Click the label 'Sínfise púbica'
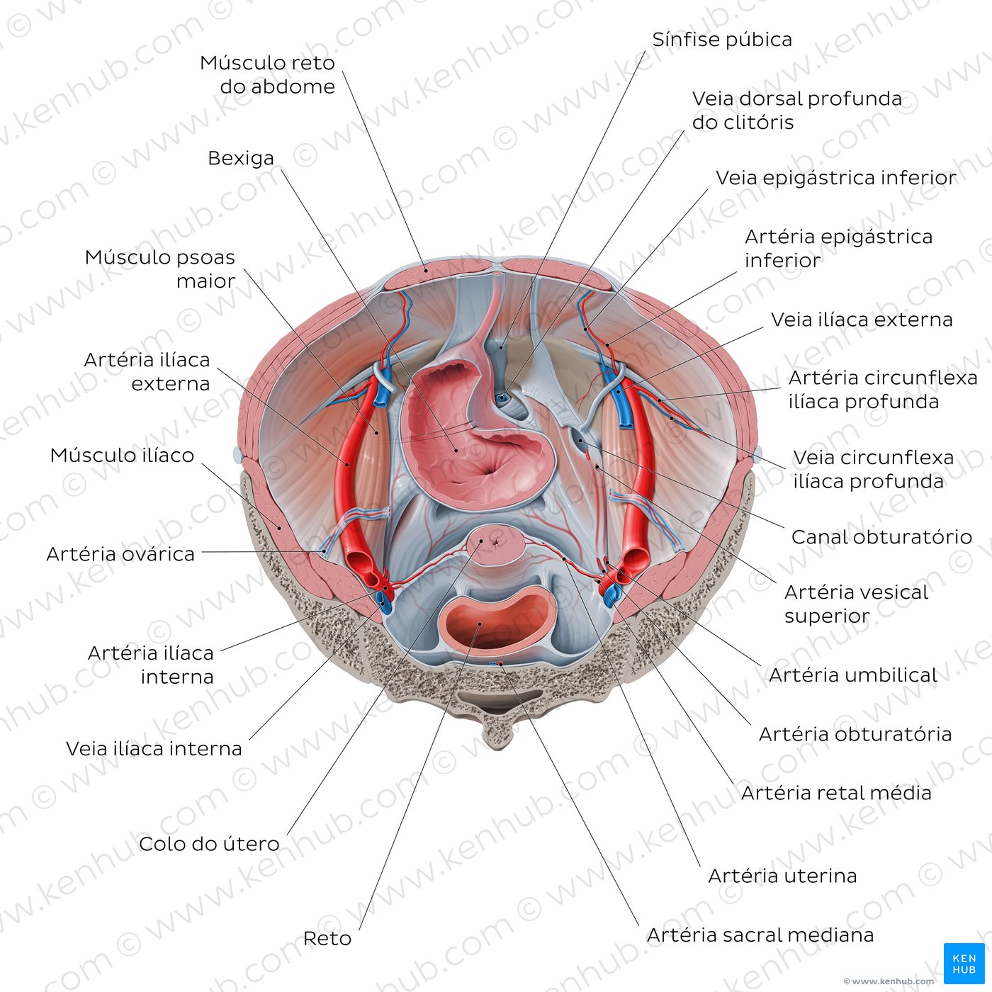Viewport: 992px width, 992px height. click(x=722, y=40)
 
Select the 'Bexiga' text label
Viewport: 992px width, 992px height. click(x=240, y=158)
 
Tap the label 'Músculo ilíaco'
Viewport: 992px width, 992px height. click(x=122, y=455)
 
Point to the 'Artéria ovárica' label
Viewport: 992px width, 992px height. click(x=120, y=554)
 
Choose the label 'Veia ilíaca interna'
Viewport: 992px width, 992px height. click(x=154, y=748)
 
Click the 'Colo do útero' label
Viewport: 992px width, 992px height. click(x=209, y=844)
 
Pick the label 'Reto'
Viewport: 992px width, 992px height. click(x=327, y=938)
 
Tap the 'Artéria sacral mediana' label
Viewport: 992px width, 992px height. click(x=760, y=935)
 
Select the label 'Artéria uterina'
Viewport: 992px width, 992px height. click(x=782, y=876)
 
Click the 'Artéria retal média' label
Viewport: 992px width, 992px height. click(x=836, y=793)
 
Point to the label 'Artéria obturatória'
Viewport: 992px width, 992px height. click(x=855, y=734)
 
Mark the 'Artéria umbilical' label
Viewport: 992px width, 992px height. click(x=852, y=675)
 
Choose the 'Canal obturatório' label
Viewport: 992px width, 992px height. click(x=881, y=537)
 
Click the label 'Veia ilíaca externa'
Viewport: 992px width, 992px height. click(x=862, y=320)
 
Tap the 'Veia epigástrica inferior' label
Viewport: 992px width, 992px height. click(x=836, y=178)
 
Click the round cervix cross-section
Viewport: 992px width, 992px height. click(x=496, y=545)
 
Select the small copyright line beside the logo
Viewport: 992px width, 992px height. click(x=888, y=981)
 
